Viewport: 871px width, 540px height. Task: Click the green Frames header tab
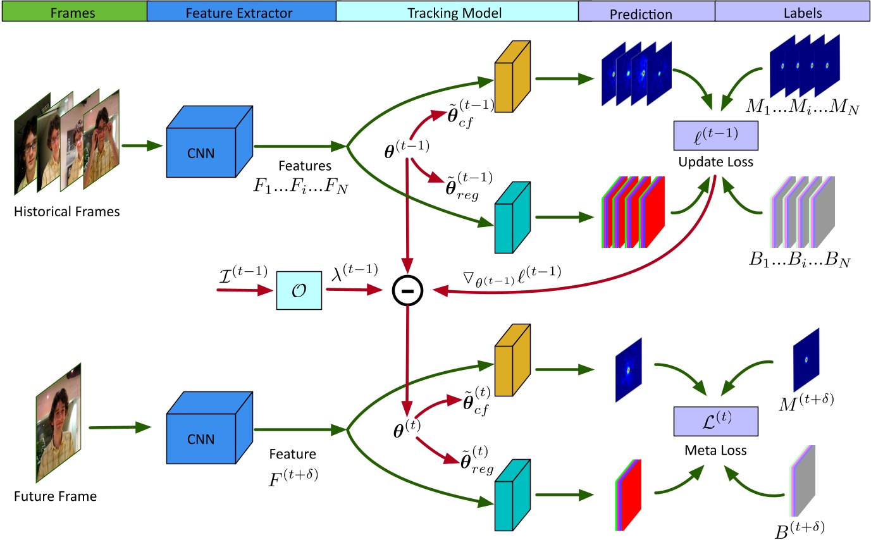(x=74, y=11)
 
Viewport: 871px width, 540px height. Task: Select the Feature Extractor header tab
(x=241, y=11)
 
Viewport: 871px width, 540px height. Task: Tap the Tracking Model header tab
(x=457, y=11)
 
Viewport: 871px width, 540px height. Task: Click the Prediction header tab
(x=646, y=11)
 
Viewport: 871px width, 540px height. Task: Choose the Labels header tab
(x=793, y=11)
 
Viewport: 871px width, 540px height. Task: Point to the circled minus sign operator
(x=405, y=291)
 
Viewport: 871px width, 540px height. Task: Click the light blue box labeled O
(x=299, y=291)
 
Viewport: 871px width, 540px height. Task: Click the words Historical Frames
(x=66, y=212)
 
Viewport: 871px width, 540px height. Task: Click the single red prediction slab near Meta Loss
(x=628, y=495)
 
